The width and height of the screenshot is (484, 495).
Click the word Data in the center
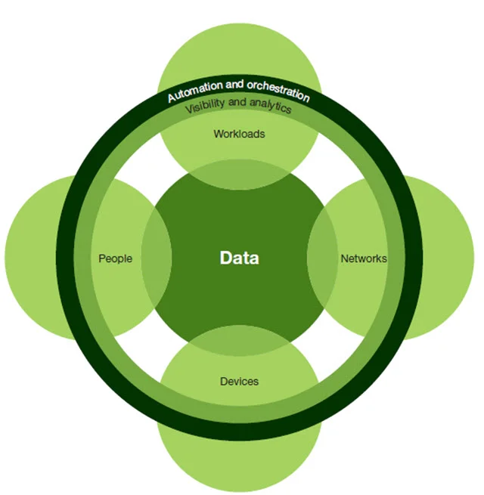(239, 258)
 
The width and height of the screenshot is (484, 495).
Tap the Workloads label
(239, 135)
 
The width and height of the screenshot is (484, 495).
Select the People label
(115, 258)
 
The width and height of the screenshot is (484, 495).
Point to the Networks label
(363, 258)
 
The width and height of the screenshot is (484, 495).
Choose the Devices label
(239, 382)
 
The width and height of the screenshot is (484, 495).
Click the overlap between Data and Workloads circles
(239, 178)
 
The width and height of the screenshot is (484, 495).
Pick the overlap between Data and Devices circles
(239, 340)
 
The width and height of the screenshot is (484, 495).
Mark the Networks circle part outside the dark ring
(446, 258)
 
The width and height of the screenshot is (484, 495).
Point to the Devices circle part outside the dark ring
(239, 461)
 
